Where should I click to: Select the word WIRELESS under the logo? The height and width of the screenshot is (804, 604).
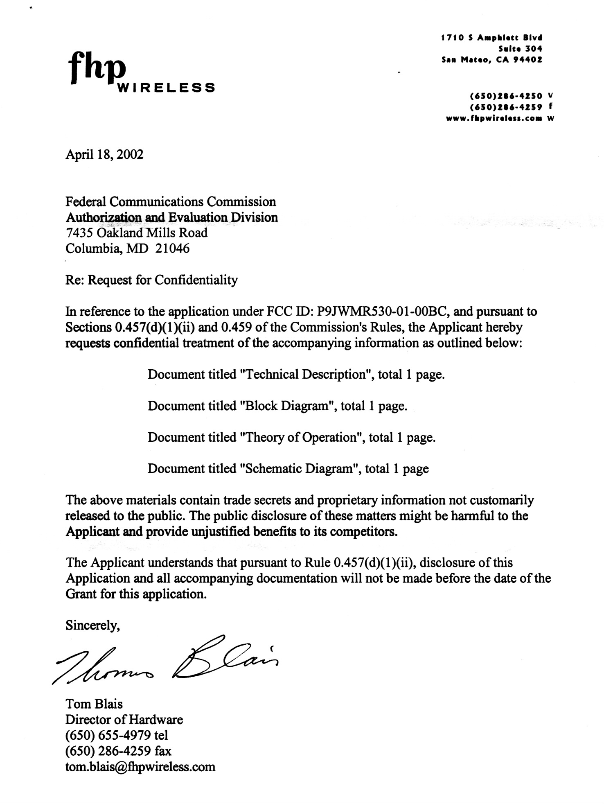coord(166,88)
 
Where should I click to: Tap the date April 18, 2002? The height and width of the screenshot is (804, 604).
coord(104,154)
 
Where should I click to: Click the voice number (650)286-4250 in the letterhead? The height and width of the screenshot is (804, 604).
coord(507,96)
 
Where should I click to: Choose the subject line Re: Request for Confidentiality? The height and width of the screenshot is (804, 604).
coord(151,280)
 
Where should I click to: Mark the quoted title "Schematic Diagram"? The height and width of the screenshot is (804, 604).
coord(299,468)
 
